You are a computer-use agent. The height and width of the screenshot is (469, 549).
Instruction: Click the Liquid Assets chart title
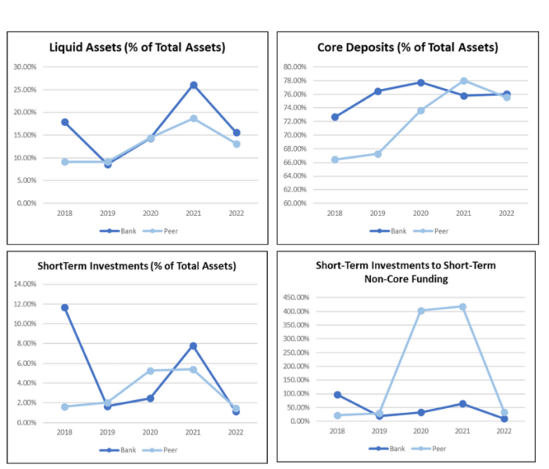137,48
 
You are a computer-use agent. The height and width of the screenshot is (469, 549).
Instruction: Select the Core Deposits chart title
407,48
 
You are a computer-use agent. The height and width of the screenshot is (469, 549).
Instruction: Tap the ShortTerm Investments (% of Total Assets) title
137,266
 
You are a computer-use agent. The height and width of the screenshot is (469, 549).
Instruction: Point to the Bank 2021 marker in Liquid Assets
193,85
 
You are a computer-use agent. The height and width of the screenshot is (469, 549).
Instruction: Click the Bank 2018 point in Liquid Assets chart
65,122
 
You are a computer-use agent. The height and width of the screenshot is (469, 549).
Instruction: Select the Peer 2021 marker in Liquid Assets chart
193,118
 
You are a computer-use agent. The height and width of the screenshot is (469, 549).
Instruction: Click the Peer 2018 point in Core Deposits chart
335,159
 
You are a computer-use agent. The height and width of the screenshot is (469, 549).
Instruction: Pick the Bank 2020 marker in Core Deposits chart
421,82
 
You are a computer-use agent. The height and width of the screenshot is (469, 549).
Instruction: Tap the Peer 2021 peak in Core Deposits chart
464,81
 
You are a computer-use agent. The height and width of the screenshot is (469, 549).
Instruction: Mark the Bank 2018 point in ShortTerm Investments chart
65,307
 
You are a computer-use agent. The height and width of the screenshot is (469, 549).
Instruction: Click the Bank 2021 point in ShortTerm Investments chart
193,345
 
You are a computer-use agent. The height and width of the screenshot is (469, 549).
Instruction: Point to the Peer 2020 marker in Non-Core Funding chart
421,310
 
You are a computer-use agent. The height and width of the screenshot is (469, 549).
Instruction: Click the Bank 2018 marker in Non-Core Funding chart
337,395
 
